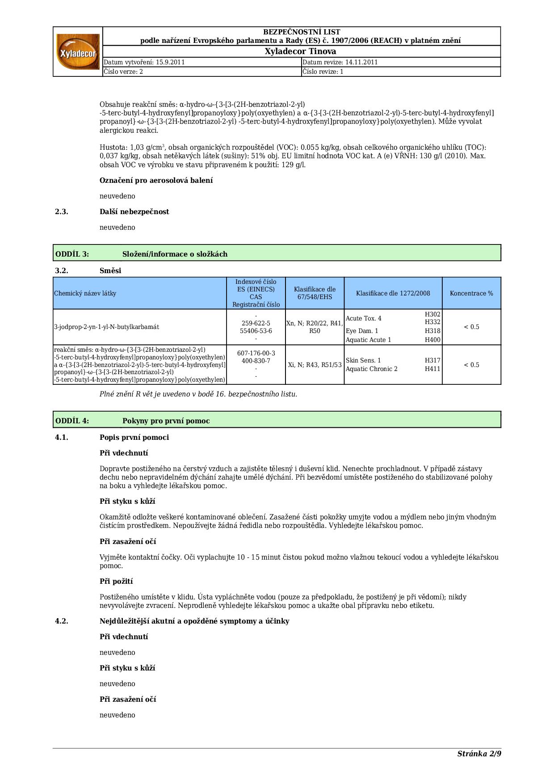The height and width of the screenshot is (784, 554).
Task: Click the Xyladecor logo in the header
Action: coord(78,51)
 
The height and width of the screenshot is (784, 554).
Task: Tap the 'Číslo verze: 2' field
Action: coord(123,72)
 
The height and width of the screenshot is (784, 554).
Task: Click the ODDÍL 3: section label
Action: coord(72,254)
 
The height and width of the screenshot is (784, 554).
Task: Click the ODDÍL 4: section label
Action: coord(72,421)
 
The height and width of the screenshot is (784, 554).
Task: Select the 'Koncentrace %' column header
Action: coord(471,294)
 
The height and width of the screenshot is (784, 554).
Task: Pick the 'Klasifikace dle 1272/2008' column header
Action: coord(393,294)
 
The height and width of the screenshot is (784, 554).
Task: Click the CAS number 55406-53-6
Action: coord(256,331)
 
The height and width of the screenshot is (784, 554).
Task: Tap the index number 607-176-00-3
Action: coord(256,353)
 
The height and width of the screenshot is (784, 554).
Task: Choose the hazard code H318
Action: coord(432,331)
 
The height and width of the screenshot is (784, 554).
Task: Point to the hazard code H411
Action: coord(432,369)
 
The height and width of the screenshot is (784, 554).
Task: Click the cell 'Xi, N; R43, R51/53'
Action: coord(315,365)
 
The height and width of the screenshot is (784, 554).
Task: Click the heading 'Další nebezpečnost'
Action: coord(134,212)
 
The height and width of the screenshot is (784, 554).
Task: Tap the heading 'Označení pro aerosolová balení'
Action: coord(156,181)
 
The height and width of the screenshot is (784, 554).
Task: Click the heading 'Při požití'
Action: coord(116,582)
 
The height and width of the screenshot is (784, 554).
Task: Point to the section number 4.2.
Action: coord(62,621)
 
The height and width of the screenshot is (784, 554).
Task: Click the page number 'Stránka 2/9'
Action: coord(479,754)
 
